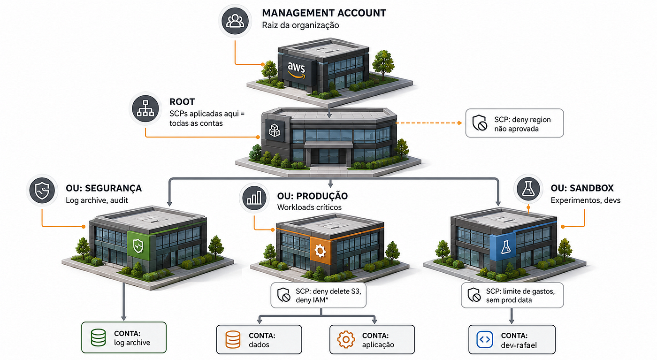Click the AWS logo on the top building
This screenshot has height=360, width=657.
[296, 70]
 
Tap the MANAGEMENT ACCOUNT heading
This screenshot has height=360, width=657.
[324, 13]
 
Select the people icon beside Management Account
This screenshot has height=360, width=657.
[235, 21]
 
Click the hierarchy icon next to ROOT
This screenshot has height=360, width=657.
[145, 108]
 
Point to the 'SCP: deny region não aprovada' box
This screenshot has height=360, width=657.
[514, 123]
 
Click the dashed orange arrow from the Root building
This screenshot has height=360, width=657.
[429, 123]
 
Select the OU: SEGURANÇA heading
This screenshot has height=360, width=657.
[104, 188]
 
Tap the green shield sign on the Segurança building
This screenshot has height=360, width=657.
[138, 245]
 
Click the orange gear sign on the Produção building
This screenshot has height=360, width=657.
[320, 251]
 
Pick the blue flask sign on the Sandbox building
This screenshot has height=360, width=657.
[506, 247]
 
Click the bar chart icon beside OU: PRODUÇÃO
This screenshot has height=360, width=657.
[254, 198]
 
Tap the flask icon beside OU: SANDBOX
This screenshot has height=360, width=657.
[528, 189]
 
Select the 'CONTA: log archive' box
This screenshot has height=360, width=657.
[124, 337]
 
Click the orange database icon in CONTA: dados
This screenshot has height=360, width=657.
[233, 339]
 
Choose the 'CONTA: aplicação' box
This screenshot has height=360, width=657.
[372, 339]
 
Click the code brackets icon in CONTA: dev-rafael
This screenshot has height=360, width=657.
[484, 339]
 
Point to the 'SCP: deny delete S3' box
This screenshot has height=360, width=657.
[319, 295]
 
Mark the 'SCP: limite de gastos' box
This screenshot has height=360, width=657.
[512, 295]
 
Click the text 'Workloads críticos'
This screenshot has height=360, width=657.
[309, 207]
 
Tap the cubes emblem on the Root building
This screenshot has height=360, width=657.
[275, 131]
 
